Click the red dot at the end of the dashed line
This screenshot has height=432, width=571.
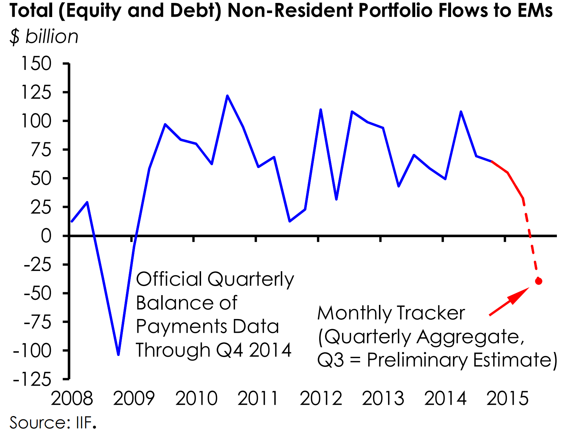[538, 281]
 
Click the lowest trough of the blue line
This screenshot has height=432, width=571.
[118, 354]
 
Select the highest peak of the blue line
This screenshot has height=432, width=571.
[227, 96]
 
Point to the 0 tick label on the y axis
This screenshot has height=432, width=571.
[46, 236]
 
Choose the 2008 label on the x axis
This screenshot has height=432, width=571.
[72, 399]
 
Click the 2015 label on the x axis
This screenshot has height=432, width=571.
[508, 399]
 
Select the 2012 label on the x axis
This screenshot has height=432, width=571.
[321, 399]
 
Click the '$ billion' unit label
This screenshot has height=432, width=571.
[44, 37]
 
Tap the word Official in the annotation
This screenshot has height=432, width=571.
[169, 280]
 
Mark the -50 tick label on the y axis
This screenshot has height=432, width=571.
[37, 293]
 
